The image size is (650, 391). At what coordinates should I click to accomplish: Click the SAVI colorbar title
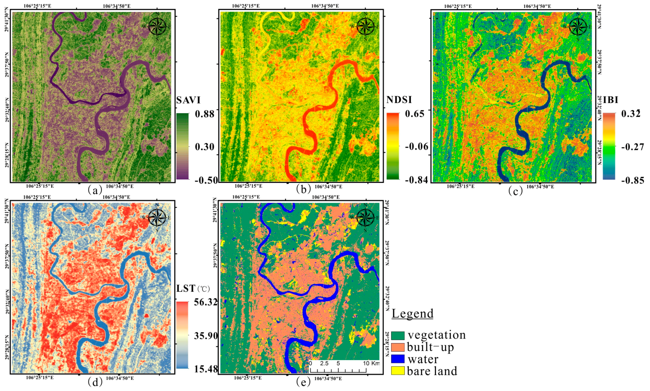pyautogui.click(x=188, y=100)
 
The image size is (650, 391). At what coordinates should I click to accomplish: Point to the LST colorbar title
pyautogui.click(x=186, y=289)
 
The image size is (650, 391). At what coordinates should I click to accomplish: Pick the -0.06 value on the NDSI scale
pyautogui.click(x=417, y=147)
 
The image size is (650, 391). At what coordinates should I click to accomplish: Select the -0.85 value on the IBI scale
pyautogui.click(x=633, y=181)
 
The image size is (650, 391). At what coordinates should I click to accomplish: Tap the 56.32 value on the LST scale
pyautogui.click(x=206, y=302)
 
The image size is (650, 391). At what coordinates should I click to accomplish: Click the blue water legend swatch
pyautogui.click(x=397, y=359)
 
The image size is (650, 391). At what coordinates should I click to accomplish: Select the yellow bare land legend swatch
pyautogui.click(x=397, y=371)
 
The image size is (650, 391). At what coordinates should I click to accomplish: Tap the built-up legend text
pyautogui.click(x=430, y=347)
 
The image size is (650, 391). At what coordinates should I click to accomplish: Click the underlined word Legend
pyautogui.click(x=412, y=314)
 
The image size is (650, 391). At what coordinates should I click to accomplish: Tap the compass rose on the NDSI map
pyautogui.click(x=365, y=27)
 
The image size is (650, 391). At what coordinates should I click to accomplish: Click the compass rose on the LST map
pyautogui.click(x=157, y=218)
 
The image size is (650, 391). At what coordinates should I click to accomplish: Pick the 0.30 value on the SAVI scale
pyautogui.click(x=205, y=147)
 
